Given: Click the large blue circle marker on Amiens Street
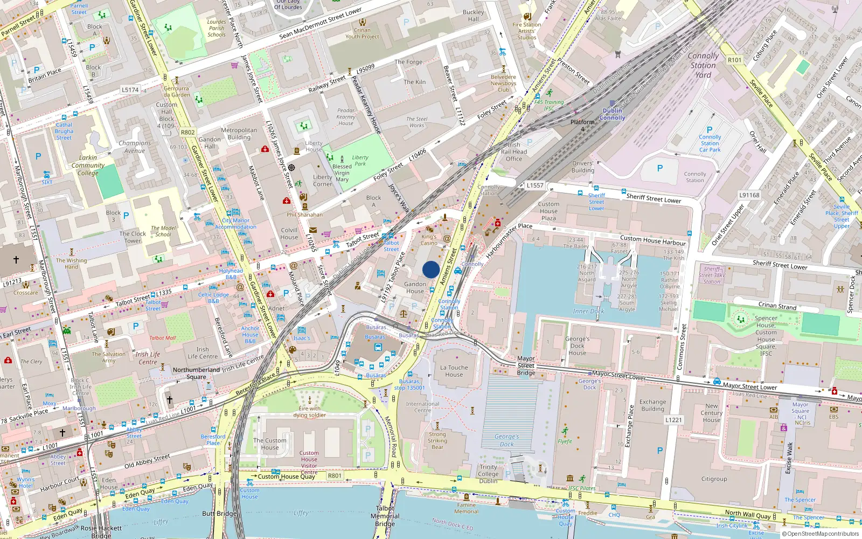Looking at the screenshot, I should coord(431,269).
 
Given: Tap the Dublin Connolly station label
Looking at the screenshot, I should coord(612,114).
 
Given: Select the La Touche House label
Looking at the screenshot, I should coord(454,371).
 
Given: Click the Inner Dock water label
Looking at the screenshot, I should coord(588,311).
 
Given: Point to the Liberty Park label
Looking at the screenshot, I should coord(360,161).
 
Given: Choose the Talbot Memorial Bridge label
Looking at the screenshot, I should coord(385,516).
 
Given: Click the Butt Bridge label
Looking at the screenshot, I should coord(219,514).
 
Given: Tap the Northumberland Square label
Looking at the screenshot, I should coord(196,373).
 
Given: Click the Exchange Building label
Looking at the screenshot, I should coord(652,405).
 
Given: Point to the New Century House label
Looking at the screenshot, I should coord(711,413).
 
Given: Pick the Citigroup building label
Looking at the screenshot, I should coord(714,479).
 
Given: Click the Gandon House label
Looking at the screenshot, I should coord(415,287).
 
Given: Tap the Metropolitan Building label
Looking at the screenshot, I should coord(239,134).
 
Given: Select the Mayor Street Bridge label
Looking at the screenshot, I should coord(526,365).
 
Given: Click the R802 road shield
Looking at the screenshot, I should coord(187,132).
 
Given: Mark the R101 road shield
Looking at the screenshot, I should coord(734,60).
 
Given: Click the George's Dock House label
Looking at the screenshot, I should coord(577,346).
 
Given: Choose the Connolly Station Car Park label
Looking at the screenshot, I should coord(710,143).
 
